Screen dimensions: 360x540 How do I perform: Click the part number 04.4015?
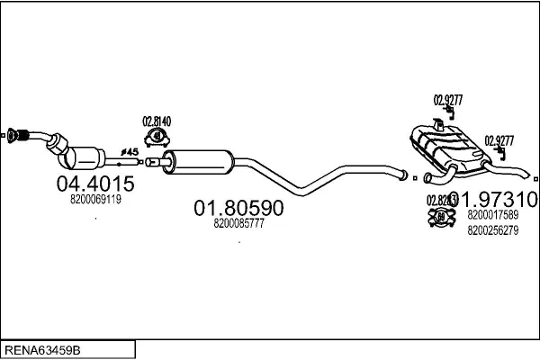click(x=95, y=184)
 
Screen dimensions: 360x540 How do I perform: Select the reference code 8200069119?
click(x=94, y=200)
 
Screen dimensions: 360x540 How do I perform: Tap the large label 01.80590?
click(x=239, y=209)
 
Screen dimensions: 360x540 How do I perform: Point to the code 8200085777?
click(x=239, y=224)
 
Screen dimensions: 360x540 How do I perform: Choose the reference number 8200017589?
click(x=493, y=215)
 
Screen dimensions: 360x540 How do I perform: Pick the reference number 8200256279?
click(x=493, y=230)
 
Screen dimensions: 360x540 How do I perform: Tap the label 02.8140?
click(x=156, y=121)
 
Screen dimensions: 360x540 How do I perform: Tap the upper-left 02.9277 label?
click(x=447, y=101)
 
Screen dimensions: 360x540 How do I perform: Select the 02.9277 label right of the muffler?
click(x=499, y=139)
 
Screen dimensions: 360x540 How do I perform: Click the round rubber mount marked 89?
click(x=441, y=218)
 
